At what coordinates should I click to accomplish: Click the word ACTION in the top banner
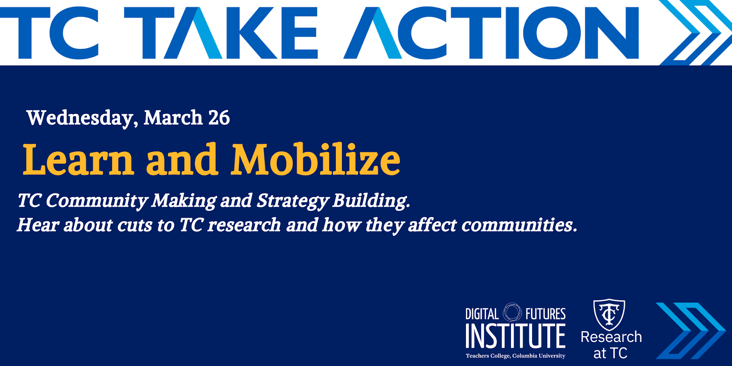pyautogui.click(x=491, y=33)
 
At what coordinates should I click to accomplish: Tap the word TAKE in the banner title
pyautogui.click(x=221, y=33)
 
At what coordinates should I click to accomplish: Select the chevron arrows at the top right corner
pyautogui.click(x=695, y=33)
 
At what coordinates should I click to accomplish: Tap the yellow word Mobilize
pyautogui.click(x=316, y=160)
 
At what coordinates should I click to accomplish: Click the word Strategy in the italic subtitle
pyautogui.click(x=293, y=201)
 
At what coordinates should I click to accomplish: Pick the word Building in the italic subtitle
pyautogui.click(x=371, y=201)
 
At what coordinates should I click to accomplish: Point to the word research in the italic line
pyautogui.click(x=244, y=225)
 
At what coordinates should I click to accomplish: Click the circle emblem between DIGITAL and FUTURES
pyautogui.click(x=512, y=312)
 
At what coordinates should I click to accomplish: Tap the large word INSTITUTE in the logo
pyautogui.click(x=515, y=336)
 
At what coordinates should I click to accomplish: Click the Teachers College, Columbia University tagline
pyautogui.click(x=515, y=356)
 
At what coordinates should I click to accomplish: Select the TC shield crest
pyautogui.click(x=609, y=314)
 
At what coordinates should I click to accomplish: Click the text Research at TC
pyautogui.click(x=611, y=345)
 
